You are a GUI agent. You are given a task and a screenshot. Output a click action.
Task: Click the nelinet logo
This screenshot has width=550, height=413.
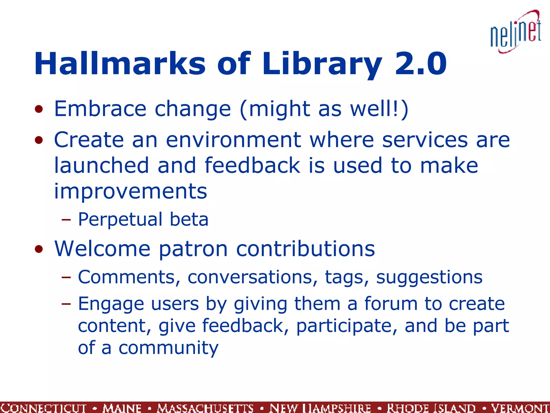point(516,32)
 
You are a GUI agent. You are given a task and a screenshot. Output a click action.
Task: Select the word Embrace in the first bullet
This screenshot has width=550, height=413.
point(100,109)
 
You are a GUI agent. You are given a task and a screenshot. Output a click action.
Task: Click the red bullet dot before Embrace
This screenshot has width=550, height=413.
point(39,109)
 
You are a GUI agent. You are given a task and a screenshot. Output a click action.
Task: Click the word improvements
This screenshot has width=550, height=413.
point(131,191)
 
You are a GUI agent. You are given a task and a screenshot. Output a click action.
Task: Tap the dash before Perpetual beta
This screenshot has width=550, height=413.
point(66,220)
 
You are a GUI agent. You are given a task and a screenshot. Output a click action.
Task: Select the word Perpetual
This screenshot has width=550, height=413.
point(120,220)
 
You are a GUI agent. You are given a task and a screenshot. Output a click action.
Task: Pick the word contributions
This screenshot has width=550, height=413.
point(305,249)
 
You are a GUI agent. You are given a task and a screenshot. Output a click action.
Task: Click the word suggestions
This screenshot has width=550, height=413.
point(429,277)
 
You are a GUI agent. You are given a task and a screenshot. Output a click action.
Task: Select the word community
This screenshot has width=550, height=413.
point(168,348)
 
